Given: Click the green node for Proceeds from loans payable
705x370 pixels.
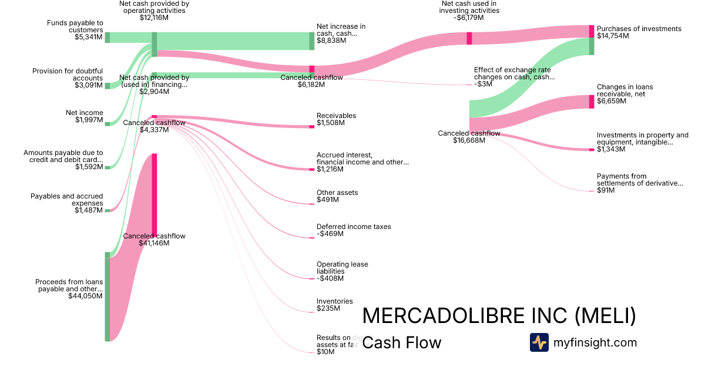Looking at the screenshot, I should (108, 297).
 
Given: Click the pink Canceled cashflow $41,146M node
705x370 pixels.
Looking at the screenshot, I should (155, 194).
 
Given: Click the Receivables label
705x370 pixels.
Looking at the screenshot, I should (336, 116).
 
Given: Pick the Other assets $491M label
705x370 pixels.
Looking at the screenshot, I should (337, 196).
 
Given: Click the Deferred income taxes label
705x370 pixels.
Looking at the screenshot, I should (354, 227).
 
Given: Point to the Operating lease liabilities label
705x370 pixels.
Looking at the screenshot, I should (342, 268).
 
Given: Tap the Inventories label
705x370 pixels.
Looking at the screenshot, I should (334, 301).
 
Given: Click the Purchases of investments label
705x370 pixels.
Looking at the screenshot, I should (639, 29).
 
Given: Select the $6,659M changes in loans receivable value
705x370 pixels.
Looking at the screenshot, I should (611, 101).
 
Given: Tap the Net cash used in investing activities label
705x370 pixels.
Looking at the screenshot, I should (469, 6).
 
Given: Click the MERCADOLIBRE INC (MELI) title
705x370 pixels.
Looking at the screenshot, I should (499, 316).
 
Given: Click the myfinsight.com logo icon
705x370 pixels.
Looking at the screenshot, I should (539, 342).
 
